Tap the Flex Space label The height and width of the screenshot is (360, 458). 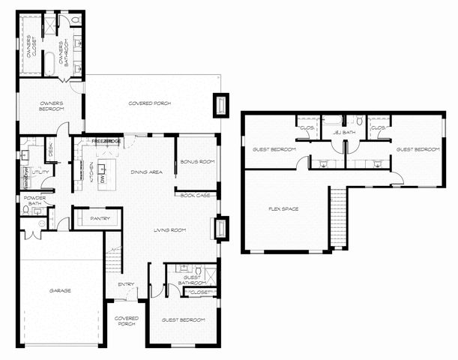click(x=283, y=208)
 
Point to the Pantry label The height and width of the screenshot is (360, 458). click(x=100, y=218)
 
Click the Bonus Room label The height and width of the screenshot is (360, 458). click(x=199, y=161)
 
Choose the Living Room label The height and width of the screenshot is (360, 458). click(x=170, y=230)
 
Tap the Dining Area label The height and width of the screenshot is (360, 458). click(x=146, y=172)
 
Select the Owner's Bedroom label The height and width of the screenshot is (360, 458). click(x=51, y=106)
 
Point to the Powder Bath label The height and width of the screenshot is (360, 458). click(x=34, y=200)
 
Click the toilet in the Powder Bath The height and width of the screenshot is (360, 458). click(x=27, y=212)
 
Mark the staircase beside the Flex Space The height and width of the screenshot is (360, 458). click(x=339, y=217)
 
